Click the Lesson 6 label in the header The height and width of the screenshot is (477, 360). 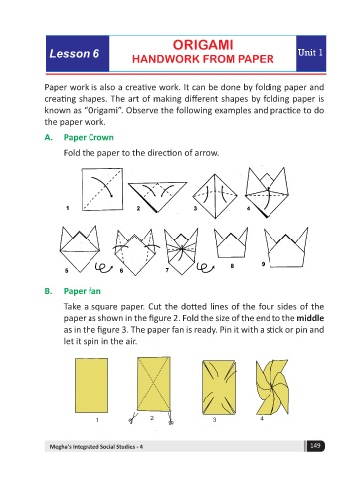[x=75, y=54]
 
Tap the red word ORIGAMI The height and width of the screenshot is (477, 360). [x=203, y=45]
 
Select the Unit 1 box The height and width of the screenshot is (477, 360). [x=311, y=53]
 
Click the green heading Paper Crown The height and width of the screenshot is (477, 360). [x=89, y=137]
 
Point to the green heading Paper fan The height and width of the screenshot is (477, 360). [x=83, y=291]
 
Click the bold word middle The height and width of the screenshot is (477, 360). [x=310, y=318]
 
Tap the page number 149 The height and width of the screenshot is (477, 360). [x=315, y=446]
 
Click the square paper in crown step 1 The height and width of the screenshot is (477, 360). [x=102, y=189]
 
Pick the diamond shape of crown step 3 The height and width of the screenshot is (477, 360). [x=215, y=196]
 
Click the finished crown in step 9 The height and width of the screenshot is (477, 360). [x=286, y=247]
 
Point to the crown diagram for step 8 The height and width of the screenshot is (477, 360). [x=231, y=242]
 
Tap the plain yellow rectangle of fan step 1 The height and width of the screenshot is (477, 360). [x=91, y=386]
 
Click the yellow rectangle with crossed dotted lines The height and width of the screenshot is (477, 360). [x=154, y=385]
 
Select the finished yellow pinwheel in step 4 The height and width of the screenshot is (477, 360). [x=272, y=388]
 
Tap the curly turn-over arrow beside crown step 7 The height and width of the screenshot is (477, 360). [x=205, y=268]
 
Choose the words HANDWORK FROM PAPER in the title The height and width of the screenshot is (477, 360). [x=203, y=59]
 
